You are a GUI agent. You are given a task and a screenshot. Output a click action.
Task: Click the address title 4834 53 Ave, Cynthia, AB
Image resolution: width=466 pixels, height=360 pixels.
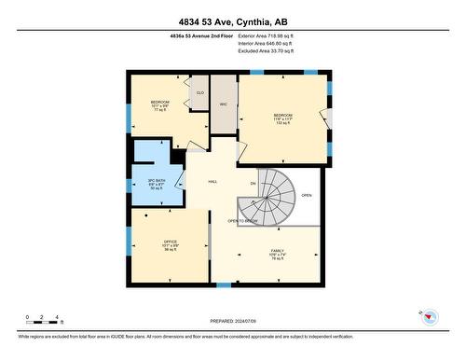232,21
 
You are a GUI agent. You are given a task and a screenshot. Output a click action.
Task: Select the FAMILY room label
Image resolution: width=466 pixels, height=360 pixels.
277,255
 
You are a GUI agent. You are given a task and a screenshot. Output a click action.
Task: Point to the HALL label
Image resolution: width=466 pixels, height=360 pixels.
212,183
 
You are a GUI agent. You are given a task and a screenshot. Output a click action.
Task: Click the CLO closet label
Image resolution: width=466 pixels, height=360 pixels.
199,93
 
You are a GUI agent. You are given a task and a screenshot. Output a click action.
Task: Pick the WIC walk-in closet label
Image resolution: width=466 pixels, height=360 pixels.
224,104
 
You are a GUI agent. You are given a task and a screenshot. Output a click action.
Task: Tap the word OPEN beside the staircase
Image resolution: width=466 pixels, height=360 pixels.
307,196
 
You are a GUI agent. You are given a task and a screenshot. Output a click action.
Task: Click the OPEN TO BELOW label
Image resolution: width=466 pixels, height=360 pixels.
242,221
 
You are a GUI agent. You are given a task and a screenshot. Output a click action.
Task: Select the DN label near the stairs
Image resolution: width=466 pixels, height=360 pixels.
253,184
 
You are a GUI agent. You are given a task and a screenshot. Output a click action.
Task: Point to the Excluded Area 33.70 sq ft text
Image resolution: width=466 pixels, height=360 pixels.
267,51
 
